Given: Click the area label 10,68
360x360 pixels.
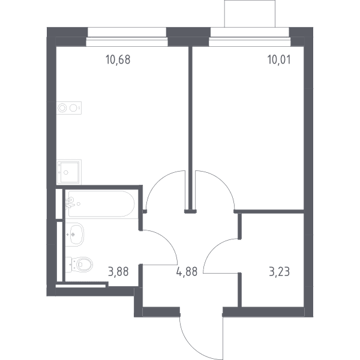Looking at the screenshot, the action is [x=118, y=59].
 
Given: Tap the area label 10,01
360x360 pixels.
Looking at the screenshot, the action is [x=279, y=59].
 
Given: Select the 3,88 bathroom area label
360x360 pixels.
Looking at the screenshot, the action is [x=118, y=272].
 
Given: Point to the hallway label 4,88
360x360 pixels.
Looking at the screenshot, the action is [x=187, y=272].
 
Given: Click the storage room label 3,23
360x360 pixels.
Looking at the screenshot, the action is [x=280, y=272].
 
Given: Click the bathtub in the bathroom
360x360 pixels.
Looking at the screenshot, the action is [x=101, y=203].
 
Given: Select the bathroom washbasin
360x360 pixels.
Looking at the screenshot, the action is [x=75, y=234].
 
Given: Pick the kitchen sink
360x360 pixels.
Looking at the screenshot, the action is [x=68, y=172].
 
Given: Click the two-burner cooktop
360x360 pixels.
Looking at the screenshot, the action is [x=69, y=108].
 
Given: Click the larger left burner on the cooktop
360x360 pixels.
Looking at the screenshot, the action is [x=62, y=108].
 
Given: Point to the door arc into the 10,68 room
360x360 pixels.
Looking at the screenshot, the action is [x=158, y=181].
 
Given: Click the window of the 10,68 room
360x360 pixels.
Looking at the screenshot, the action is [x=127, y=37].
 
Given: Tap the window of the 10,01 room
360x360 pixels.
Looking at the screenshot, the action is [x=250, y=37].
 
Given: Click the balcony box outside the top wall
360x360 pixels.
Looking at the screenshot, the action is [x=250, y=14].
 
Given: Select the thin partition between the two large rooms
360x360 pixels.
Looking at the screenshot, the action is [x=190, y=128].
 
